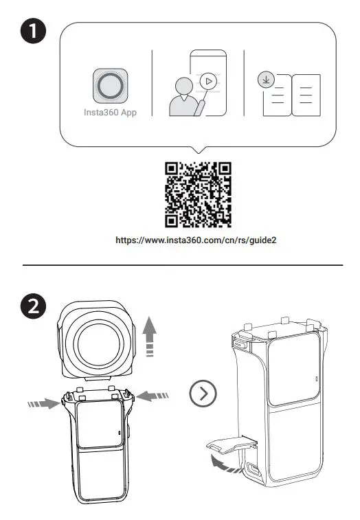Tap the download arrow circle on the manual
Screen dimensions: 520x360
(265, 80)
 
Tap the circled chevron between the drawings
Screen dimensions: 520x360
(201, 393)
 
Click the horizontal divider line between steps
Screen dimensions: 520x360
(181, 264)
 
